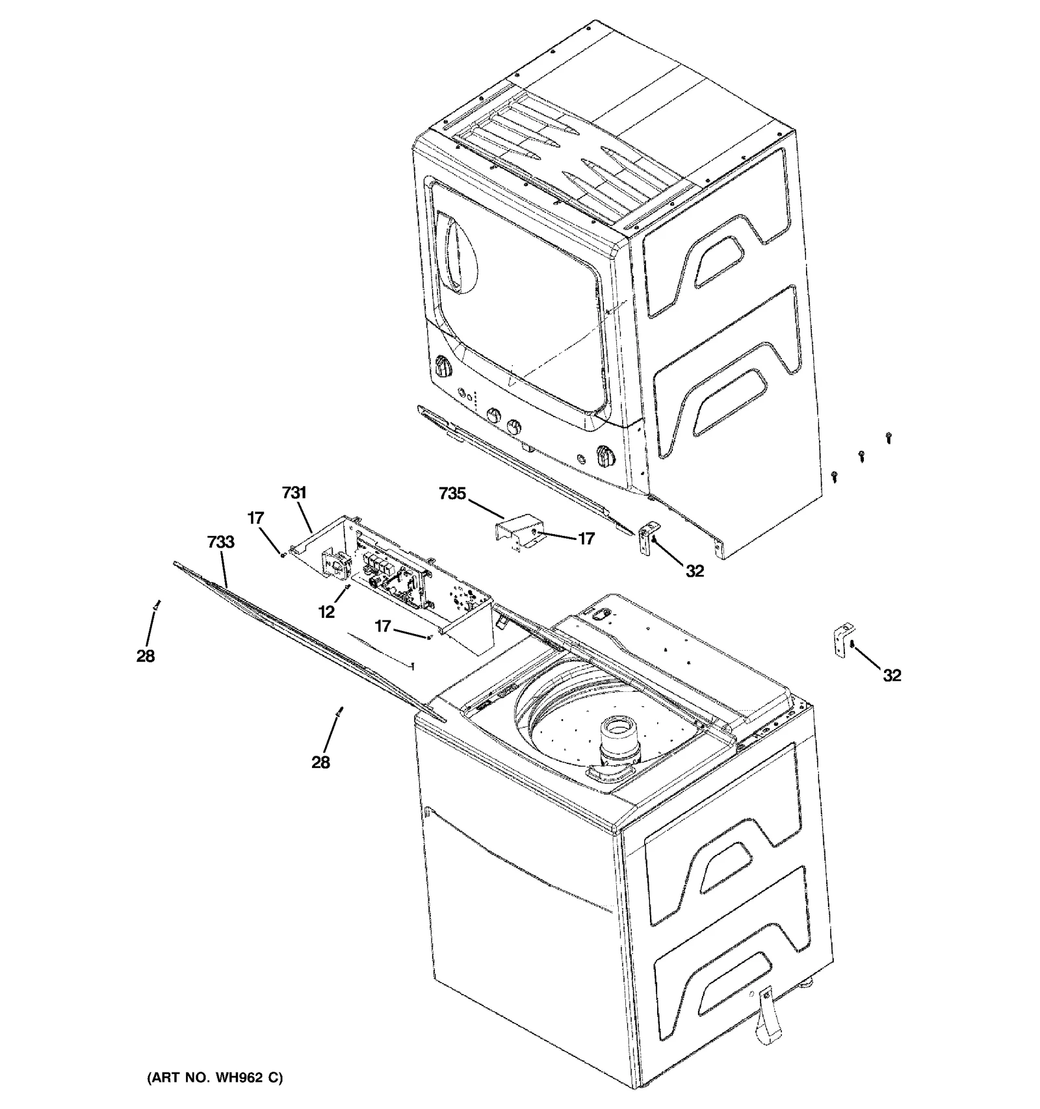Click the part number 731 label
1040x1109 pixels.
tap(294, 493)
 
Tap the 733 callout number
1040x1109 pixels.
tap(220, 542)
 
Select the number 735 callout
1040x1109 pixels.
tap(452, 494)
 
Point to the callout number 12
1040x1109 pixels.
tap(326, 611)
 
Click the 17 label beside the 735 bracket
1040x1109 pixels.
tap(586, 539)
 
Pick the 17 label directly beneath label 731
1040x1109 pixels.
tap(255, 518)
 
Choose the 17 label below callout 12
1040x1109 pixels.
tap(383, 626)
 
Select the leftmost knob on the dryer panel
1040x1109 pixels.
tap(443, 368)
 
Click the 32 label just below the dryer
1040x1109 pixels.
tap(694, 570)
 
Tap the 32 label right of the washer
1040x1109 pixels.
tap(891, 676)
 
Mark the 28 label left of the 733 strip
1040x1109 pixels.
tap(146, 656)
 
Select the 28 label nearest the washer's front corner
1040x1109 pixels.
tap(320, 762)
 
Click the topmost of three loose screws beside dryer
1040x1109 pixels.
tap(888, 439)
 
